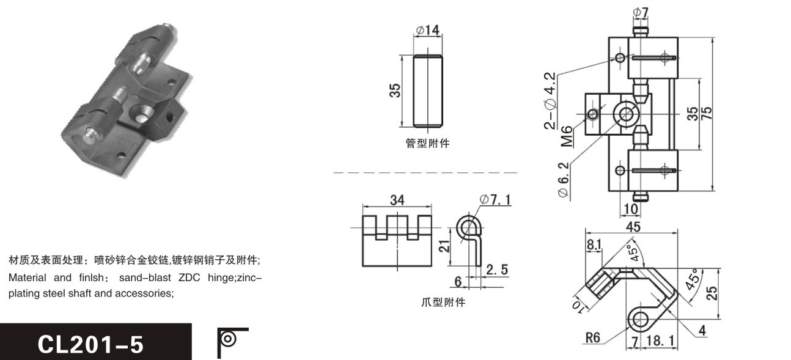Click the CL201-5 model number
click(90, 345)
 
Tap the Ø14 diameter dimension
click(428, 30)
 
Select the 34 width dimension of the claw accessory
click(397, 200)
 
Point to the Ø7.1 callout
click(495, 200)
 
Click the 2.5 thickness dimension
click(497, 270)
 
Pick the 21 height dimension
click(444, 246)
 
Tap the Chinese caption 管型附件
click(427, 143)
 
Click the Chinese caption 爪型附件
click(443, 302)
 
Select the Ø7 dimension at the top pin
click(641, 12)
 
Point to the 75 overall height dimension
click(707, 113)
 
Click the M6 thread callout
click(567, 136)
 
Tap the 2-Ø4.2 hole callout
click(550, 101)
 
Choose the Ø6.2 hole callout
click(564, 180)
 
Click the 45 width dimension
click(633, 227)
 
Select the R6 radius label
click(593, 338)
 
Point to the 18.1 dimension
click(660, 340)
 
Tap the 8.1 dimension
click(594, 244)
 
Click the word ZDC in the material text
click(189, 277)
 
